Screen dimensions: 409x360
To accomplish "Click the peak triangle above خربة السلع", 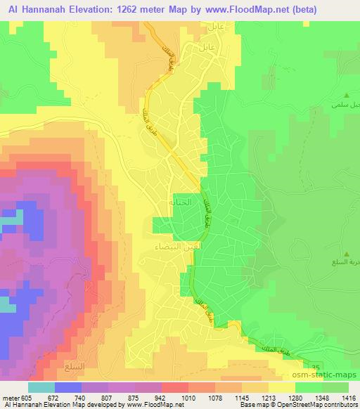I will click(345, 254).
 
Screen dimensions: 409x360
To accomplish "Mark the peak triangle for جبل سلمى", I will click(345, 94).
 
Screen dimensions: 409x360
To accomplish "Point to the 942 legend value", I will click(160, 397).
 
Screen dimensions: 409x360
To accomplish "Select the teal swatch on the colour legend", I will click(41, 387).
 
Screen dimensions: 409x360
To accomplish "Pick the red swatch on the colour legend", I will click(174, 387).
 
